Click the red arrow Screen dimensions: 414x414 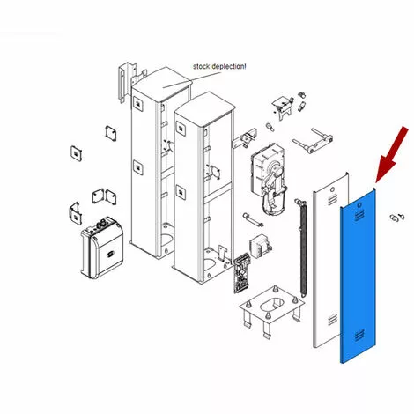tap(391, 155)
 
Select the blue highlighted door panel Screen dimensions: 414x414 tap(358, 276)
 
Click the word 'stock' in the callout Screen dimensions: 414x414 tap(201, 66)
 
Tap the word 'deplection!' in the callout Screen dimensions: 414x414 tap(229, 67)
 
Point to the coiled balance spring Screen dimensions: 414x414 tap(302, 248)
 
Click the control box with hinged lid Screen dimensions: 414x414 tap(101, 248)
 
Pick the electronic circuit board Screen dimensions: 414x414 tap(242, 272)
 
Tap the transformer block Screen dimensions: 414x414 tap(260, 247)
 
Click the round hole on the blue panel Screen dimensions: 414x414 tap(359, 205)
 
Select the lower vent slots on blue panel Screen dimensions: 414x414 tap(359, 335)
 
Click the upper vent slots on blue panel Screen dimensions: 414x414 tap(359, 216)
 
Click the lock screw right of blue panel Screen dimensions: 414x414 tap(397, 218)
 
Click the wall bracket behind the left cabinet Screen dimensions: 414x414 tap(126, 81)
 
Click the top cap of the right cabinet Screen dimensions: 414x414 tap(204, 108)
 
